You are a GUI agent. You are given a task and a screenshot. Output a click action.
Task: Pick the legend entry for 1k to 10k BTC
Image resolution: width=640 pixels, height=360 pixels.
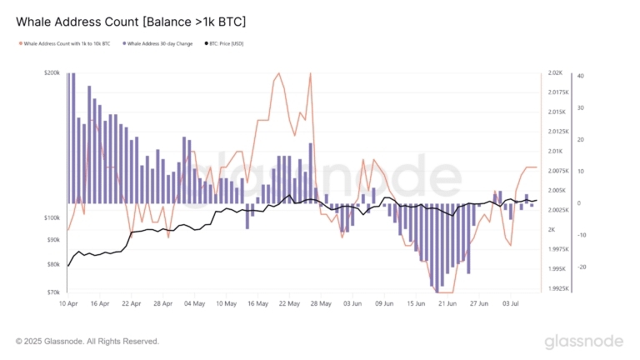[67, 43]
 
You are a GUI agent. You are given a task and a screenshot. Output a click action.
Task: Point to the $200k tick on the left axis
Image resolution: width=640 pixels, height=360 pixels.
[52, 73]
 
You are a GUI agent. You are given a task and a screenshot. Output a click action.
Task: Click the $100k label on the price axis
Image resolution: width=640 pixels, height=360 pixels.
[52, 218]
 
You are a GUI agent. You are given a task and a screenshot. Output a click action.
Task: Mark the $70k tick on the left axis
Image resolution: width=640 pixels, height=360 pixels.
[53, 292]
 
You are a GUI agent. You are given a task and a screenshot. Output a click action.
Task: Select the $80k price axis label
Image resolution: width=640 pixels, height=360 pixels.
[53, 265]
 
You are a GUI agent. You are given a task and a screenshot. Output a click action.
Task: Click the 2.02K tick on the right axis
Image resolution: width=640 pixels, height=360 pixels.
[557, 73]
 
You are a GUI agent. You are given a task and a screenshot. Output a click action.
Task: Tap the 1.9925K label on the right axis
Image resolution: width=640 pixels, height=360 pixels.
[558, 288]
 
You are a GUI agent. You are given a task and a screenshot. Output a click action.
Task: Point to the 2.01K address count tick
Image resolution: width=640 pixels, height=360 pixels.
[557, 152]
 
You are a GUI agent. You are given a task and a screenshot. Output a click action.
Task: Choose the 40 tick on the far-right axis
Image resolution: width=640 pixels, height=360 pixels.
[580, 76]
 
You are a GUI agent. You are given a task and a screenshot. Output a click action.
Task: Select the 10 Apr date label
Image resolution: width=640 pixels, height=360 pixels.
[68, 304]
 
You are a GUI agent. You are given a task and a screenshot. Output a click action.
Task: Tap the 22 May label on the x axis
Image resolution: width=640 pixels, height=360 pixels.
[289, 304]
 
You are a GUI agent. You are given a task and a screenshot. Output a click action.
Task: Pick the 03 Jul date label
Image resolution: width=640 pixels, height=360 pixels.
[509, 304]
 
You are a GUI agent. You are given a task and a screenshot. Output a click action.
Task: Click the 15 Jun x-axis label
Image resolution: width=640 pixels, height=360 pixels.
[415, 304]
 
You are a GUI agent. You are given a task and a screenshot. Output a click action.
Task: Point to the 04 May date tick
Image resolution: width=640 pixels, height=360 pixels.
[194, 304]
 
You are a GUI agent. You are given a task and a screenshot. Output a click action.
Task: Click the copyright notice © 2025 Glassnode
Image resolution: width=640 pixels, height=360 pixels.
[87, 341]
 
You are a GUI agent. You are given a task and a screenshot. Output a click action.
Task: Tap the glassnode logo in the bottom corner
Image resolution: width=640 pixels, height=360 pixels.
[583, 342]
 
